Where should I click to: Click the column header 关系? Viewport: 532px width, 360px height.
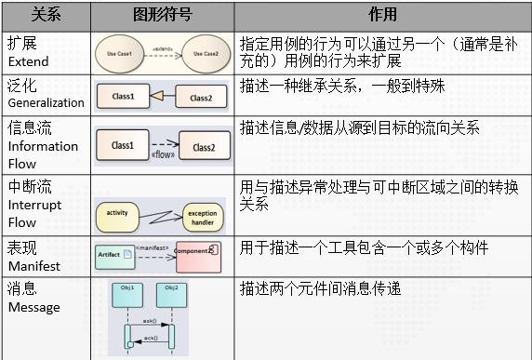[46, 15]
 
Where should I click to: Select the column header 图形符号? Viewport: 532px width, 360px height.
[162, 15]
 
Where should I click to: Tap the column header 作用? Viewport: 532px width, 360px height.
[382, 15]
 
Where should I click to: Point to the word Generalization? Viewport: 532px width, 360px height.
[46, 103]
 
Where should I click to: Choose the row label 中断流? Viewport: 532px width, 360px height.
[33, 186]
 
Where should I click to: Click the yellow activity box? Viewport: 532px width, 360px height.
[116, 213]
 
